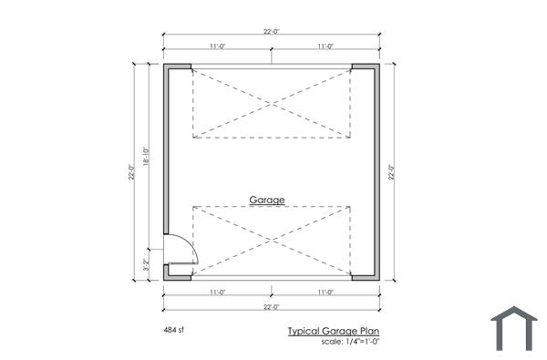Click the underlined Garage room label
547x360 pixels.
(x=267, y=201)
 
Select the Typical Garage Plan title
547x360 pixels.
(x=334, y=331)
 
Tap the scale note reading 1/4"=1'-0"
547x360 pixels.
(x=362, y=342)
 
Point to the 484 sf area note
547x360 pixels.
(x=173, y=330)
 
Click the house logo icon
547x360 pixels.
(x=514, y=328)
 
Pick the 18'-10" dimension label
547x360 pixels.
(x=146, y=157)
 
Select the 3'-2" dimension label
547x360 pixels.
(x=146, y=265)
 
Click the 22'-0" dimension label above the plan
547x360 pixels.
(x=272, y=31)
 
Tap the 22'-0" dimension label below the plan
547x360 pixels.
(x=272, y=307)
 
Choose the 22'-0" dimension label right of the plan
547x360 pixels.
(x=391, y=172)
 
